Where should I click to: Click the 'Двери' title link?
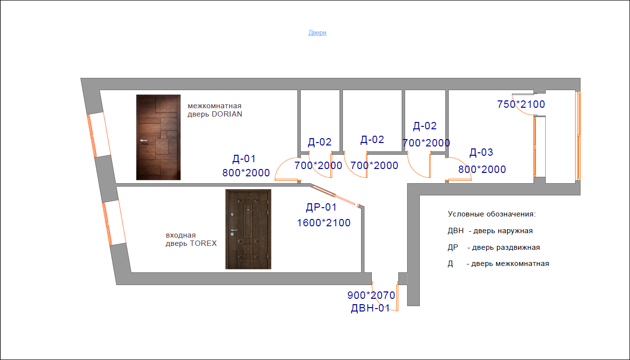(317, 33)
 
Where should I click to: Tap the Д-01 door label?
(244, 159)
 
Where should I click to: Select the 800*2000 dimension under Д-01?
(246, 173)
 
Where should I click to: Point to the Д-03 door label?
(481, 152)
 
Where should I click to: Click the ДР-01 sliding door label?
(321, 208)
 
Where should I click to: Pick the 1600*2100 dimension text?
(324, 223)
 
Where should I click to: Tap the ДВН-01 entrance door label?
(370, 308)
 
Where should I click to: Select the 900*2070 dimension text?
(371, 295)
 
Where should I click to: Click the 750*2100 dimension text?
(521, 104)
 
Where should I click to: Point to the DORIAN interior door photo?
(158, 137)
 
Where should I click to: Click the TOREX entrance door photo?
(248, 229)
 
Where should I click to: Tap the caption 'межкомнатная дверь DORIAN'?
(215, 110)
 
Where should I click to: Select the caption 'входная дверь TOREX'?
(191, 240)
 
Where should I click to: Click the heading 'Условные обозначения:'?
(492, 214)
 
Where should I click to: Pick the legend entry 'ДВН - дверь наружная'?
(490, 231)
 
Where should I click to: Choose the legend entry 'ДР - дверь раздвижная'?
(494, 247)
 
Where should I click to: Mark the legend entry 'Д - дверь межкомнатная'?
(498, 264)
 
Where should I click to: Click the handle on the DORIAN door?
(144, 141)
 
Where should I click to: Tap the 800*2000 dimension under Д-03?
(482, 169)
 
